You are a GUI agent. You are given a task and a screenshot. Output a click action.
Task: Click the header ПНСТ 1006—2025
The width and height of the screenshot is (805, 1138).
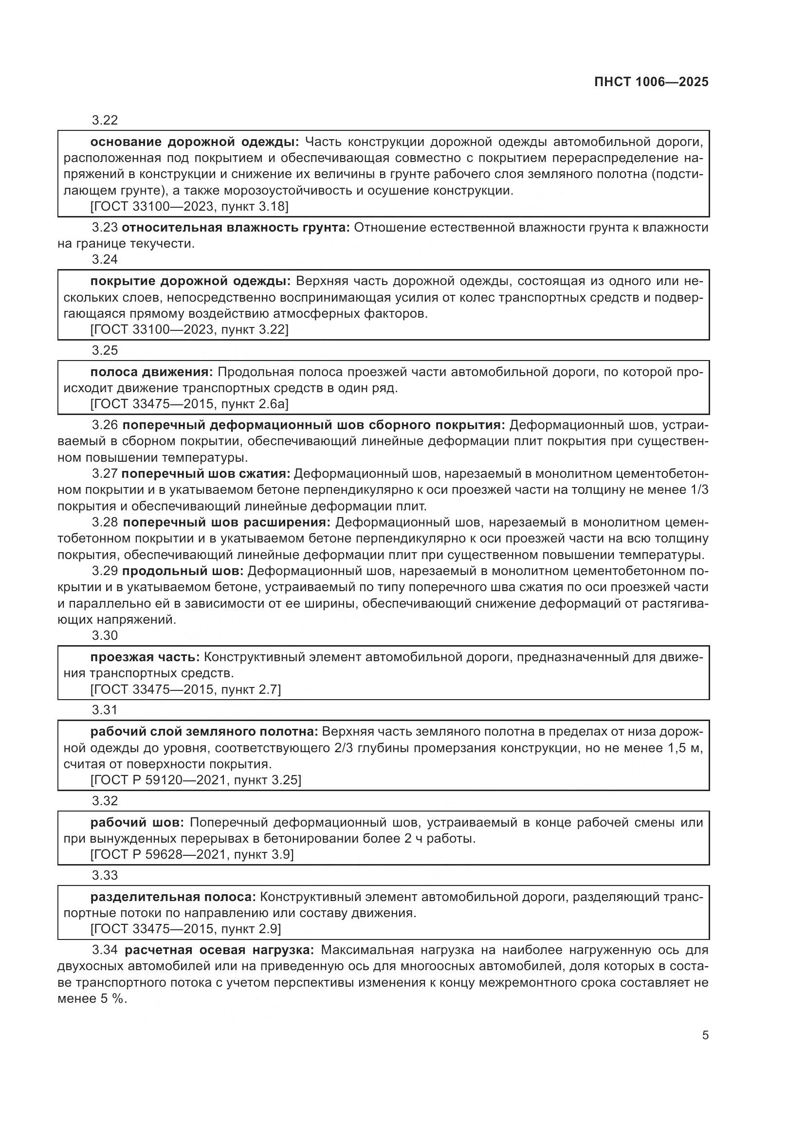tap(651, 82)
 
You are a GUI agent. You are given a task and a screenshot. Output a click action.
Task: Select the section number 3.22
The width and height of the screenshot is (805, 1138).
tap(105, 121)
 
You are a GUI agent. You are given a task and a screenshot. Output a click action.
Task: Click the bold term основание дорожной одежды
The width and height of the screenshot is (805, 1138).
tap(194, 142)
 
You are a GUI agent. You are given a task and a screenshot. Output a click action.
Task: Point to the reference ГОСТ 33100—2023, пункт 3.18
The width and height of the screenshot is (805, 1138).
tap(189, 207)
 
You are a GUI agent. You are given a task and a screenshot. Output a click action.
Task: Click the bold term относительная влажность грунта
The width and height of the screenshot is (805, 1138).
tap(236, 228)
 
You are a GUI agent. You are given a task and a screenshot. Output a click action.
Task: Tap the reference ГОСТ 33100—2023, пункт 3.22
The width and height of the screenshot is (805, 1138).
tap(189, 329)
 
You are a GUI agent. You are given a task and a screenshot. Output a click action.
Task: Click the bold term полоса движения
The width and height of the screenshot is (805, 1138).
tap(151, 372)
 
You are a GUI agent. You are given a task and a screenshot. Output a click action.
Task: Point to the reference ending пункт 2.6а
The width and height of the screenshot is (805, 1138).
tap(189, 404)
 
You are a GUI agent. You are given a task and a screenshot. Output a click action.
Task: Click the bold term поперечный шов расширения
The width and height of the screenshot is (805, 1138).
tap(226, 523)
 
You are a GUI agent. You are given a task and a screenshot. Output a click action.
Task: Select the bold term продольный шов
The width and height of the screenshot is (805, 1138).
tap(183, 571)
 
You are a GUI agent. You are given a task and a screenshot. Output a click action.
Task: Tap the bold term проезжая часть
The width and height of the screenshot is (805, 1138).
tap(145, 658)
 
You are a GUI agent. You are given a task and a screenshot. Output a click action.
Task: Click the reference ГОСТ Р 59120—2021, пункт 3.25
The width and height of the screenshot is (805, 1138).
tap(195, 780)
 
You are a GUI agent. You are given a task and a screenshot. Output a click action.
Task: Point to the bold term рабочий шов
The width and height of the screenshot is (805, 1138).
tap(137, 823)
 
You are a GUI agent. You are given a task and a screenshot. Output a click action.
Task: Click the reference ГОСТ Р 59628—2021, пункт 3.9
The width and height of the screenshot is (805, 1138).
tap(192, 854)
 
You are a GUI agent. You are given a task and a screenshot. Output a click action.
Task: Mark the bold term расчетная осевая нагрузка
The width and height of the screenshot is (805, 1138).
tap(219, 950)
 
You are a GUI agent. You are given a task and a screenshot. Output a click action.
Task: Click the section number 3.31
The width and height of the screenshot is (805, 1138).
tap(105, 710)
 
